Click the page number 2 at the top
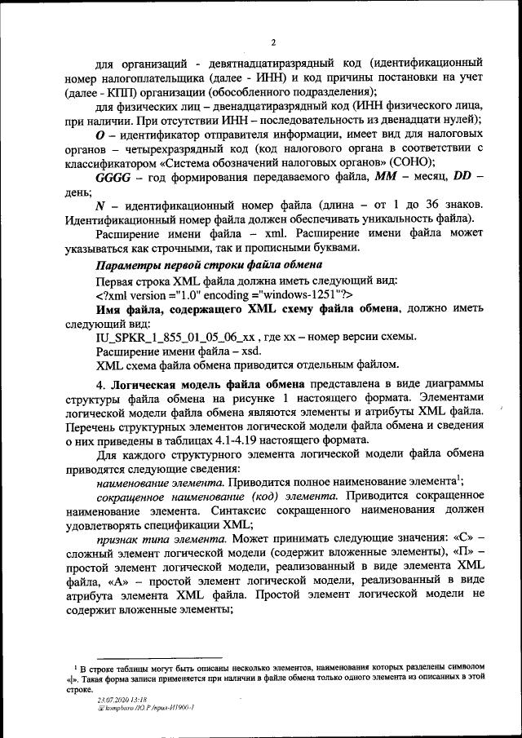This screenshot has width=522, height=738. click(x=274, y=42)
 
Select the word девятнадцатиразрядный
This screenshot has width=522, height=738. click(x=291, y=63)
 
